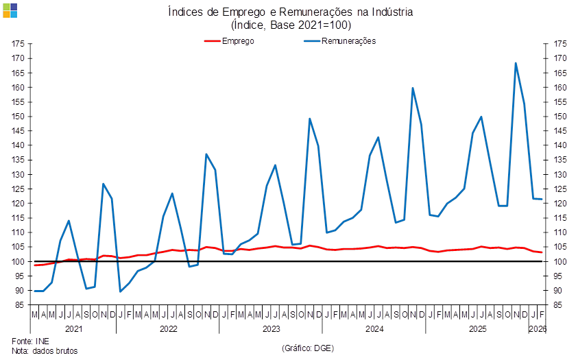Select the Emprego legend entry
pos(229,41)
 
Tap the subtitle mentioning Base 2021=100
pos(291,25)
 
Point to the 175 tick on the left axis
pos(19,44)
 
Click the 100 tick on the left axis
pos(19,262)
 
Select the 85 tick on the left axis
pos(20,305)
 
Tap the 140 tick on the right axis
pos(559,145)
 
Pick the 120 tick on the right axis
pos(559,204)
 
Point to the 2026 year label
pos(537,328)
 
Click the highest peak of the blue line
pos(516,63)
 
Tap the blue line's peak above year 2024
pos(413,88)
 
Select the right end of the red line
pos(542,252)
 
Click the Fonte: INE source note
pos(30,340)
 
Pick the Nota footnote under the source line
pos(44,350)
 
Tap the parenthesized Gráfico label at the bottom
pos(307,348)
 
